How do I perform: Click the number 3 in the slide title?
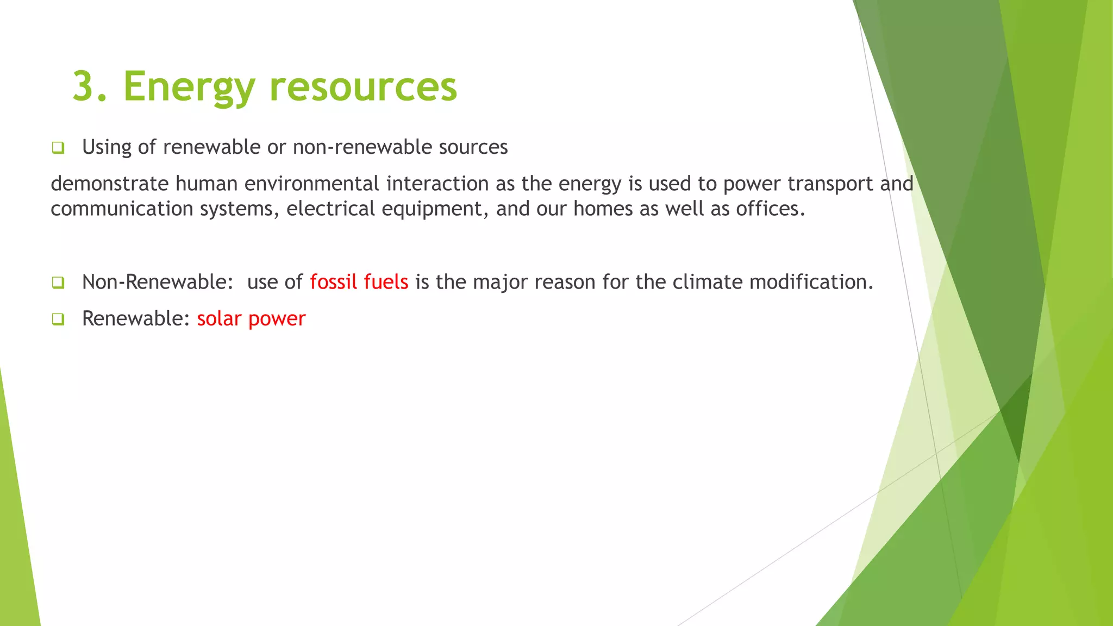click(x=83, y=86)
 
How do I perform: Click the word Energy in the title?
click(x=189, y=87)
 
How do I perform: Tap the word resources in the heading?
click(x=363, y=87)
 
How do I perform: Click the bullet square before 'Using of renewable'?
click(x=58, y=147)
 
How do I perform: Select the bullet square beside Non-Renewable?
click(x=58, y=283)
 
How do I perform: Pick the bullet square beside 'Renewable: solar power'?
click(x=58, y=319)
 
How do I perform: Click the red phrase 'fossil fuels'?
click(x=359, y=282)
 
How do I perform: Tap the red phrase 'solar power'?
click(x=251, y=319)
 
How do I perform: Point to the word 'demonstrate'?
click(x=109, y=184)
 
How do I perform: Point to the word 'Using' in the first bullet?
click(x=107, y=147)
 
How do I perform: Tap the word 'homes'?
click(x=603, y=209)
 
